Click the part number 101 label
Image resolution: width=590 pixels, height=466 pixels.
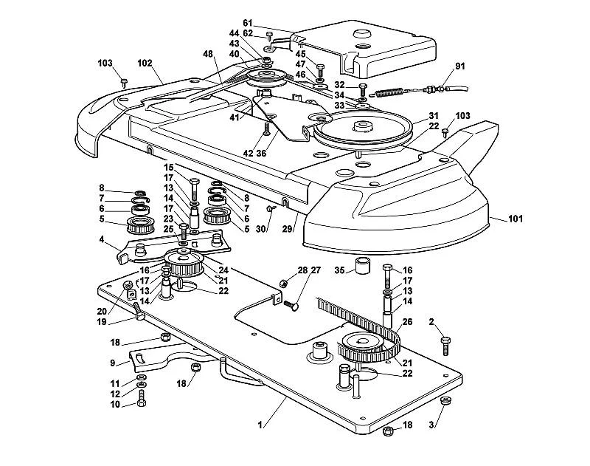[x=515, y=219]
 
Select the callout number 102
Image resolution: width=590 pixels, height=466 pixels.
[x=145, y=64]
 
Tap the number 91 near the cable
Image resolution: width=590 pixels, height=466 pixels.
[x=460, y=66]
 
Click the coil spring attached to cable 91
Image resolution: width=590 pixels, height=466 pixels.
[x=390, y=92]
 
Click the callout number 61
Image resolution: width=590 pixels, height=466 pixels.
[x=248, y=23]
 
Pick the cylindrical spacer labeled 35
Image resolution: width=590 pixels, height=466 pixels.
[x=363, y=265]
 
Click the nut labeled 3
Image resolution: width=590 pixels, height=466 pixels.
[x=445, y=401]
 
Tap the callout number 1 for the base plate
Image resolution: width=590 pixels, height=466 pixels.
[x=260, y=425]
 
